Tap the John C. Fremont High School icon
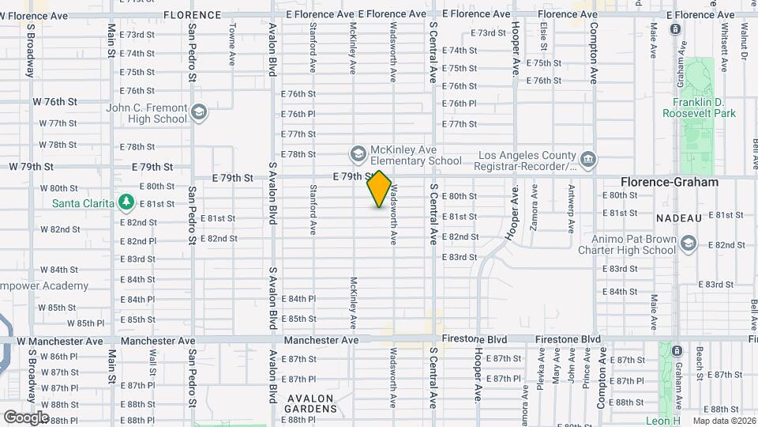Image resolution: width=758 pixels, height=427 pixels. pyautogui.click(x=198, y=111)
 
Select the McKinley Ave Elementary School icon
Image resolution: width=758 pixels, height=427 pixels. pyautogui.click(x=358, y=153)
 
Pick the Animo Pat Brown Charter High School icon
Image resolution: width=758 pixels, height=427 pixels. pyautogui.click(x=689, y=244)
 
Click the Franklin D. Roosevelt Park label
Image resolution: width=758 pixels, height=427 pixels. pyautogui.click(x=704, y=108)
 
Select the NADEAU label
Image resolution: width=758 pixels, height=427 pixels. pyautogui.click(x=679, y=217)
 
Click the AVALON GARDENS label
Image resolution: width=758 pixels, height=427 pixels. pyautogui.click(x=311, y=403)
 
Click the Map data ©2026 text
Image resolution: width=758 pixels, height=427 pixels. pyautogui.click(x=724, y=421)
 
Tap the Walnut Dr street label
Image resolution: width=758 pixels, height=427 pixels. pyautogui.click(x=744, y=40)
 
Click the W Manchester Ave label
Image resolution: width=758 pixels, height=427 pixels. pyautogui.click(x=60, y=341)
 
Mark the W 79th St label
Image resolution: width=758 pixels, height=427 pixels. pyautogui.click(x=31, y=167)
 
